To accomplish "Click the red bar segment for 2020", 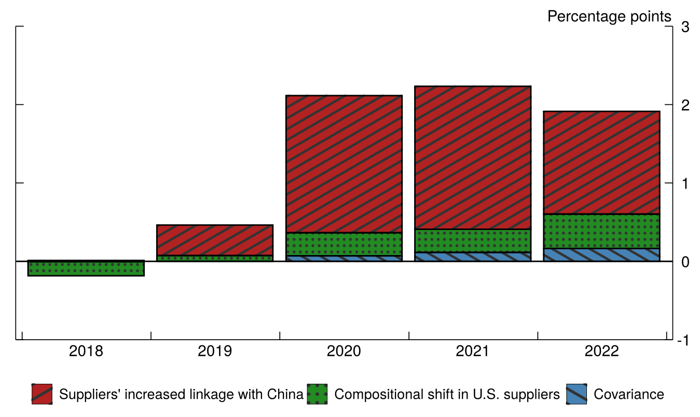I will pos(344,164).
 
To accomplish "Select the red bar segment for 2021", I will pos(473,157).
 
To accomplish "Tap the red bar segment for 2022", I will pos(601,163).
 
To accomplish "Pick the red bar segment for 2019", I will pos(215,240).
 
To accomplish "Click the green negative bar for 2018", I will pos(86,268).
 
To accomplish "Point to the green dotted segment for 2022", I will pos(601,231).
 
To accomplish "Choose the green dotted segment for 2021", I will pos(473,240).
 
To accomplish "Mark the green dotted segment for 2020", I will pos(344,244).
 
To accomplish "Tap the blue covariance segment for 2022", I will pos(601,255).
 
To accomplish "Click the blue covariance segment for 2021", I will pos(473,257).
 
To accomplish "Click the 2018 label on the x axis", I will pos(86,352).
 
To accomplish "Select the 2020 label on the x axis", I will pos(344,352).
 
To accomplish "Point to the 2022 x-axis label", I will pos(602,352).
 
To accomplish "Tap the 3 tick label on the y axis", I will pos(685,27).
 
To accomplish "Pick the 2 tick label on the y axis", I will pos(685,105).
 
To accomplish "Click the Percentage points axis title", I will pos(609,17).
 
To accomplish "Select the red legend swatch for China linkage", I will pos(42,394).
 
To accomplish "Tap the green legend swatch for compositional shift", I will pos(317,394).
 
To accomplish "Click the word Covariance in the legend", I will pos(628,394).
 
